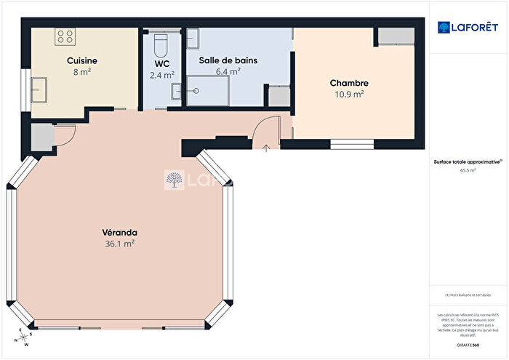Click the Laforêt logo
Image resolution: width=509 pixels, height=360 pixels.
tap(468, 28)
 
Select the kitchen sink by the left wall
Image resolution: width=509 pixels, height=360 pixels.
tap(39, 89)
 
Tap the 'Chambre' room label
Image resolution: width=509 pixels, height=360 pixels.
tap(348, 83)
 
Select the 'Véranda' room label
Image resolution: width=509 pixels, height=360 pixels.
tap(119, 233)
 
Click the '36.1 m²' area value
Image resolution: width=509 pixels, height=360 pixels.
tap(119, 244)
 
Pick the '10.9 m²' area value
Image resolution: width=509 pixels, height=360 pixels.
tap(348, 94)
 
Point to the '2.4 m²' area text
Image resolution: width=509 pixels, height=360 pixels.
tap(161, 75)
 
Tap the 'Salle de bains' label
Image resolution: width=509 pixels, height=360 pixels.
tap(228, 60)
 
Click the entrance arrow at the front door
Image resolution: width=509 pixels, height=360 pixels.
tap(266, 148)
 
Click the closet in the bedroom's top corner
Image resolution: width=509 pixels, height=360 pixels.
tap(395, 36)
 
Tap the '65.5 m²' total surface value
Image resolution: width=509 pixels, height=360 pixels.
tap(468, 171)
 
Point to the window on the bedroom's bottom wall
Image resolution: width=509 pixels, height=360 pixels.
tap(350, 143)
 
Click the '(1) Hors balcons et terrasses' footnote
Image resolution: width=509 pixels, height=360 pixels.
tap(468, 295)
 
